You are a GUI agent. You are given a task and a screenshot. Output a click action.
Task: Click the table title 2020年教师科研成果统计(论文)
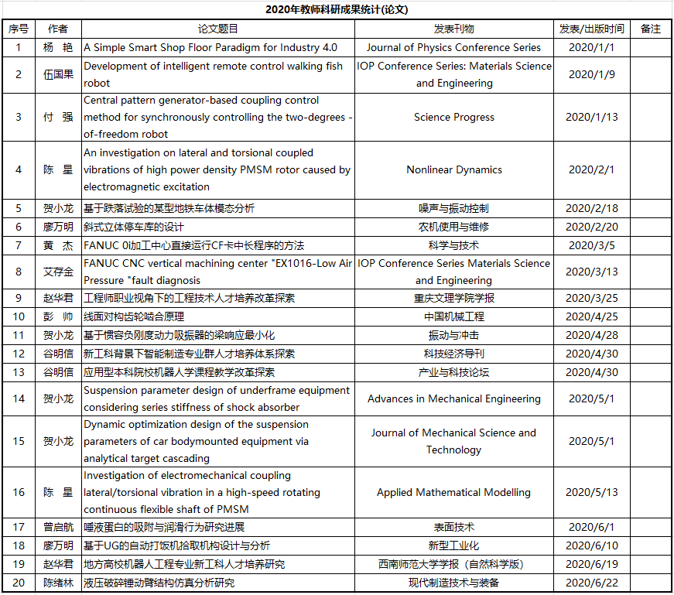[337, 9]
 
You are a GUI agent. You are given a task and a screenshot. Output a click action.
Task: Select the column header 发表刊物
[454, 29]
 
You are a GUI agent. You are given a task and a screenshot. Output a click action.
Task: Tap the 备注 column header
[651, 29]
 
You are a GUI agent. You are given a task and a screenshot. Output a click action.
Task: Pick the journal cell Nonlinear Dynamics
[454, 169]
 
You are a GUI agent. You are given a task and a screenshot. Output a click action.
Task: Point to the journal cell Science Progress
[454, 118]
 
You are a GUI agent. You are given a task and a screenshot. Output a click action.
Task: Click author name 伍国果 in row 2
[58, 75]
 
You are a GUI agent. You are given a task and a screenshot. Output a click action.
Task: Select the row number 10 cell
[19, 316]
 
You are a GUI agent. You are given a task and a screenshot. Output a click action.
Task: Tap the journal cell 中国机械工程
[454, 316]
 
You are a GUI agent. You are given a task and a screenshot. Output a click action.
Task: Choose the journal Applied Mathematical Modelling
[454, 492]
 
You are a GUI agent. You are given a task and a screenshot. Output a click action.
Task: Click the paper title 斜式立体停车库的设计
[134, 227]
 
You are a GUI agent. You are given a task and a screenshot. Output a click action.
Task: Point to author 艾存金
[58, 272]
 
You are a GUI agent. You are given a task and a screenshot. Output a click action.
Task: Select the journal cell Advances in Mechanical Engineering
[454, 398]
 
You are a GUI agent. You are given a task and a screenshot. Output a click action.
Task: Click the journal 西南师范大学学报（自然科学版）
[454, 564]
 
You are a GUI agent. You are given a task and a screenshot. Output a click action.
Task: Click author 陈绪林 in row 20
[58, 583]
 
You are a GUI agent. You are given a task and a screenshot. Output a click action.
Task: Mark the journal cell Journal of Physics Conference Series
[454, 47]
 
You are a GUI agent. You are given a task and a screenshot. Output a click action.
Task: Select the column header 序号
[19, 29]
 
